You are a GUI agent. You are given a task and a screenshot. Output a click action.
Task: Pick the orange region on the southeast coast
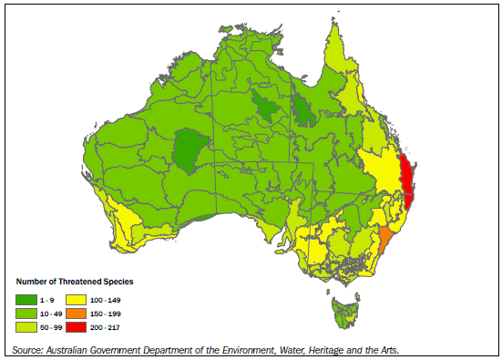tap(385, 241)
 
